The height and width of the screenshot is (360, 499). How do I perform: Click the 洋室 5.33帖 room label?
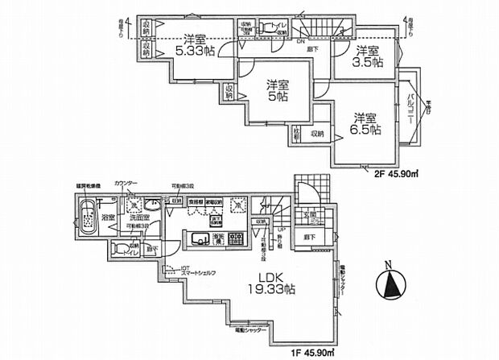point(196,44)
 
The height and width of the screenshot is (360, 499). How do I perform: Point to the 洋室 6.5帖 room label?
point(365,122)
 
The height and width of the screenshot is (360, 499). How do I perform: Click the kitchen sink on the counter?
point(199,238)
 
